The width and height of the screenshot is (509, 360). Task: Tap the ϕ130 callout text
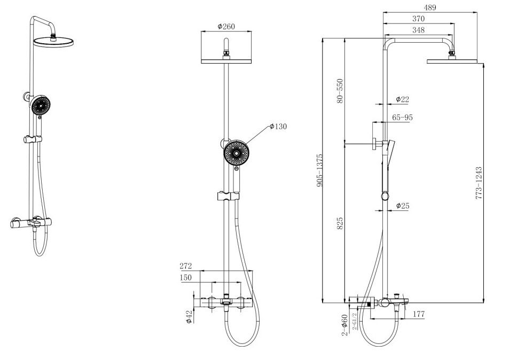(x=278, y=127)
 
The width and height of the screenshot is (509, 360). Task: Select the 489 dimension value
(x=430, y=8)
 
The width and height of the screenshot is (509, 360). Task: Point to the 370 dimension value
(x=418, y=19)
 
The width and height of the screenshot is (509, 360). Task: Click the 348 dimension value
(x=418, y=30)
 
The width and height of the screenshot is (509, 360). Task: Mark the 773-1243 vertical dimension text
(x=479, y=183)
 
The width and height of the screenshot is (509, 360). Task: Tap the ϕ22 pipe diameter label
(x=402, y=99)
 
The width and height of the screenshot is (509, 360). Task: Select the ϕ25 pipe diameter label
(x=402, y=206)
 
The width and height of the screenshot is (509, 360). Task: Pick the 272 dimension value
(x=186, y=266)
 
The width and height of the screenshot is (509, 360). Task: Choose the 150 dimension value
(x=186, y=278)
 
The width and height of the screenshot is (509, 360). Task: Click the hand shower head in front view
(x=236, y=153)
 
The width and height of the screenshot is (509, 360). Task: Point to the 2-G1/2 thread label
(x=354, y=320)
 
